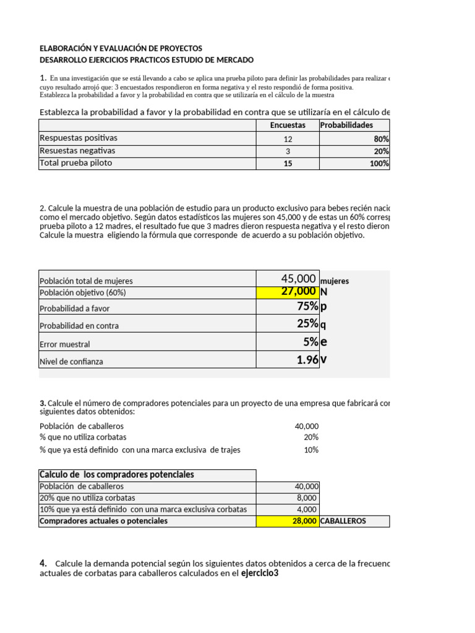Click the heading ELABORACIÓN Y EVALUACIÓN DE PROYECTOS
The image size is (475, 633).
(121, 48)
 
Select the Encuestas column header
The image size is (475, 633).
(288, 125)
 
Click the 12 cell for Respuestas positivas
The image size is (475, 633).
(288, 138)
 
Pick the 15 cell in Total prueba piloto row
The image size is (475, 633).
(288, 164)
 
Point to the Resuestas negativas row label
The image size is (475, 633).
(77, 151)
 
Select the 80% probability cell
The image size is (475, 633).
(381, 138)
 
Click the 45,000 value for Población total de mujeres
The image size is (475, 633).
(298, 279)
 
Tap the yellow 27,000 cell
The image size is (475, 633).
(298, 292)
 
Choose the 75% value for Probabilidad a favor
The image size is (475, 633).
(307, 307)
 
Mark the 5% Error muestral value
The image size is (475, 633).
(310, 342)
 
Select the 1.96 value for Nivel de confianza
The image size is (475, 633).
(307, 360)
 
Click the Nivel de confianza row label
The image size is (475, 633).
(71, 361)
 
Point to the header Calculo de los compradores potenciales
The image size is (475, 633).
(117, 475)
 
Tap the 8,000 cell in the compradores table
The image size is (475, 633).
(307, 498)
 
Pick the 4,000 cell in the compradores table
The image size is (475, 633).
(307, 509)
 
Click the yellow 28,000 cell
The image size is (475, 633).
(304, 521)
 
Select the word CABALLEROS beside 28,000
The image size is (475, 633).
(343, 521)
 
